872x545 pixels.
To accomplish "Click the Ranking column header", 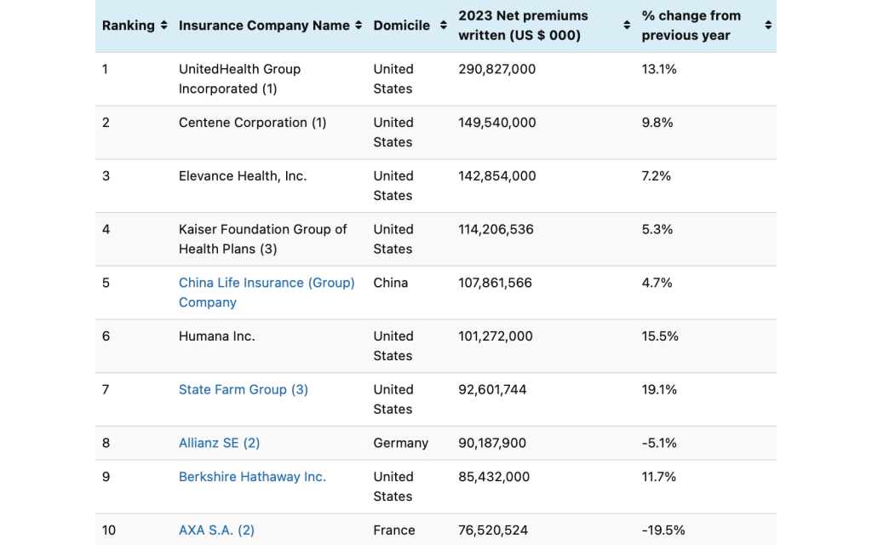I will coord(128,26).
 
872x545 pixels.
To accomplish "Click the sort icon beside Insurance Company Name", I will coord(359,26).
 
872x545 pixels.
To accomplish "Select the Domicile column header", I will coord(401,26).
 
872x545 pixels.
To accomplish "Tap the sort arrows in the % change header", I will coord(768,26).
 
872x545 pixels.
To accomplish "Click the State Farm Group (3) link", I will coord(243,389).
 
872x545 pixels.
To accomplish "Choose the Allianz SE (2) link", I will coord(219,443).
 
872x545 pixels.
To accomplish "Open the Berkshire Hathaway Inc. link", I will coord(252,477).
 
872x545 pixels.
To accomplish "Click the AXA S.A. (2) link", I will coord(216,530).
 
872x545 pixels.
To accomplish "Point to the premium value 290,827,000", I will coord(496,69).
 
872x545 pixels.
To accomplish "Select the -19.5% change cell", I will coord(663,530).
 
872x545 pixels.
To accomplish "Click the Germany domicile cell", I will coord(400,443).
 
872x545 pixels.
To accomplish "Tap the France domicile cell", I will coord(394,530).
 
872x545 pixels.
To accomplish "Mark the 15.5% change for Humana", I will coord(660,336).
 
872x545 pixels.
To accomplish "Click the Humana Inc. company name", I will coord(216,336).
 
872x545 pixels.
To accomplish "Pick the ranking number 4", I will coord(106,229).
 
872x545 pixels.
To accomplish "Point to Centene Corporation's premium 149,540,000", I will coord(496,123).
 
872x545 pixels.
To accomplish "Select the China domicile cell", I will coord(391,283).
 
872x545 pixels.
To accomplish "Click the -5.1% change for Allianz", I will coord(659,443).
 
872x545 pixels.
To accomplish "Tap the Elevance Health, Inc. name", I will coord(243,176).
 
